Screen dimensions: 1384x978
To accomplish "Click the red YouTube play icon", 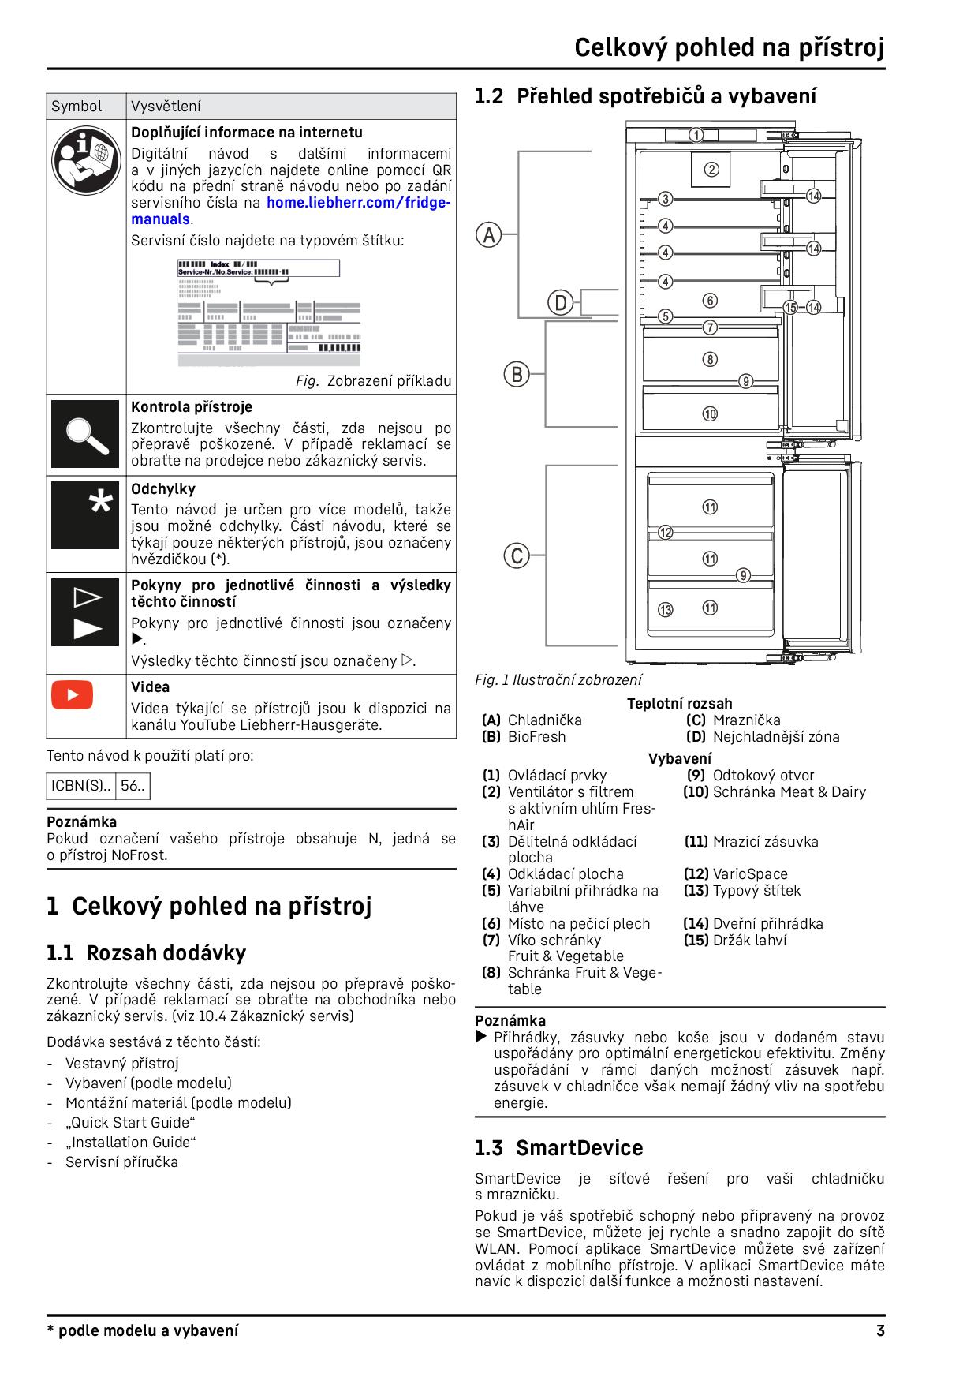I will (72, 694).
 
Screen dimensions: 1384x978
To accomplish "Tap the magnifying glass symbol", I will (85, 434).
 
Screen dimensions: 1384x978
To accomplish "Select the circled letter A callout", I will (488, 234).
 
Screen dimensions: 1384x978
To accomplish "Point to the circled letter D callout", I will (560, 302).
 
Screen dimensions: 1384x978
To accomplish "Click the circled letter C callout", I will (517, 555).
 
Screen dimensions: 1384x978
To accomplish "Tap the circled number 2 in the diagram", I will (711, 169).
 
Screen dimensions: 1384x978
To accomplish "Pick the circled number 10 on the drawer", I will (710, 413).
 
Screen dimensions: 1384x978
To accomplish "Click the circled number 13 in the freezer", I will (666, 609).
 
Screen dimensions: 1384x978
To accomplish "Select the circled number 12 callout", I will (666, 533).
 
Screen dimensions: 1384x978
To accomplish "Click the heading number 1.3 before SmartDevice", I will (489, 1148).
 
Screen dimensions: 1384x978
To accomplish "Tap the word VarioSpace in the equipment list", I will (749, 873).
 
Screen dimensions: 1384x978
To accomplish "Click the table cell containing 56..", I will (133, 786).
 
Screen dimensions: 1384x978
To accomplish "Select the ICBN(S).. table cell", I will (81, 786).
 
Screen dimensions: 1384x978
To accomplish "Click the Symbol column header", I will (77, 107).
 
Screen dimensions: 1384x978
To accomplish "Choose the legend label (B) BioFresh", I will (524, 736).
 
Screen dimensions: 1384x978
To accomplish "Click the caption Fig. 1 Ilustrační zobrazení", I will (558, 679).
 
